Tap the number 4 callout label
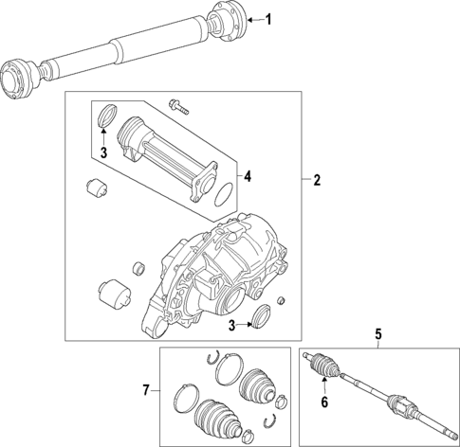point(247,176)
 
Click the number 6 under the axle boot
point(323,403)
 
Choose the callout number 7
point(145,389)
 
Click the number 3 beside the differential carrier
point(231,327)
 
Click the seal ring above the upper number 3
point(106,116)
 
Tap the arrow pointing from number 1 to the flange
point(252,18)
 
